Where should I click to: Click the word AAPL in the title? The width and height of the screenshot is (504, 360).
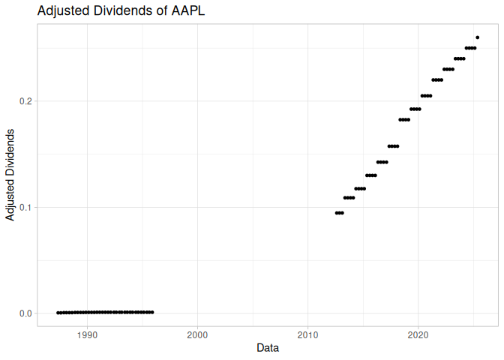[x=187, y=11]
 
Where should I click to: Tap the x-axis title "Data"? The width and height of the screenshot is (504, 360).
[x=268, y=348]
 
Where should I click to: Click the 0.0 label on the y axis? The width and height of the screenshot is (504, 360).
[x=25, y=313]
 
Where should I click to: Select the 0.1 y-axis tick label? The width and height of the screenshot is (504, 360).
[x=25, y=207]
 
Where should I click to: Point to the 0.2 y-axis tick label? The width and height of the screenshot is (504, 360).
[x=25, y=101]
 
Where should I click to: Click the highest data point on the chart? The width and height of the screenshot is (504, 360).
[x=477, y=37]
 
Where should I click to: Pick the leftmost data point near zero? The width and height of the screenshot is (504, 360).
[x=58, y=313]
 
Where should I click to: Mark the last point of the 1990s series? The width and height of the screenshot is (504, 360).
[x=152, y=312]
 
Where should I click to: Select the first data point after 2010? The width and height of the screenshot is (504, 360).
[x=336, y=213]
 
